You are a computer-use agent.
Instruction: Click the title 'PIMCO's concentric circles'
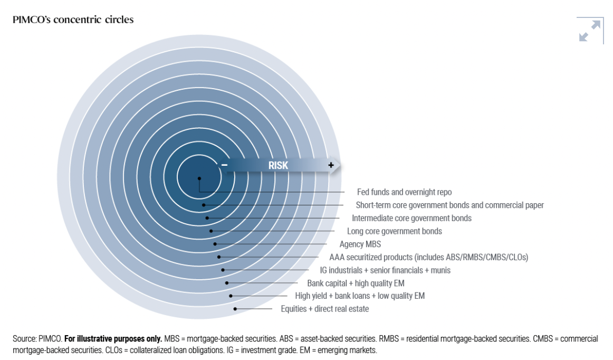pyautogui.click(x=73, y=20)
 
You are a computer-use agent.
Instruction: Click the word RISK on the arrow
pyautogui.click(x=278, y=165)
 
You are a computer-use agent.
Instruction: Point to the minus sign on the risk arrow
pyautogui.click(x=224, y=165)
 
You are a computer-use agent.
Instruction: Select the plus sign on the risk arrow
pyautogui.click(x=331, y=165)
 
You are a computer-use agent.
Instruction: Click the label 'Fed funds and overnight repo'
pyautogui.click(x=404, y=192)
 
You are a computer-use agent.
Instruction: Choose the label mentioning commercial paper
pyautogui.click(x=449, y=205)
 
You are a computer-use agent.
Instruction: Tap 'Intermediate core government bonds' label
pyautogui.click(x=411, y=218)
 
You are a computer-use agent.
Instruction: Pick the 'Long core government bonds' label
pyautogui.click(x=394, y=231)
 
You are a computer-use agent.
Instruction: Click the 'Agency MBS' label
pyautogui.click(x=360, y=244)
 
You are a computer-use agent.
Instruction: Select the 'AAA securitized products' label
pyautogui.click(x=428, y=257)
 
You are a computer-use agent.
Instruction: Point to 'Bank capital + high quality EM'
pyautogui.click(x=356, y=283)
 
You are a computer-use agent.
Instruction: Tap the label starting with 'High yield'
pyautogui.click(x=359, y=296)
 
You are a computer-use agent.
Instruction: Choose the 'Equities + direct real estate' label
pyautogui.click(x=324, y=309)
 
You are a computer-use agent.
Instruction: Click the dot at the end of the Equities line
pyautogui.click(x=235, y=309)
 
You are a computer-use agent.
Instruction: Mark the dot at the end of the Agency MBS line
pyautogui.click(x=215, y=244)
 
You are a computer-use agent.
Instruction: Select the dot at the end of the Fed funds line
pyautogui.click(x=199, y=178)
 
